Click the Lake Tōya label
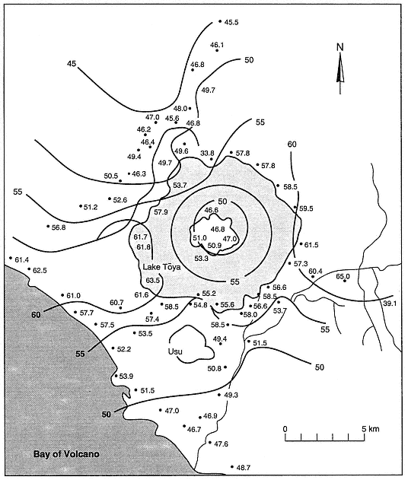pyautogui.click(x=161, y=267)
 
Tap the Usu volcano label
pyautogui.click(x=175, y=351)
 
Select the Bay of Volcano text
pyautogui.click(x=66, y=453)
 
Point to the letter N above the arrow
pyautogui.click(x=340, y=47)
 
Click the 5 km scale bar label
pyautogui.click(x=370, y=428)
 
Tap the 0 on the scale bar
pyautogui.click(x=285, y=428)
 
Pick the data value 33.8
pyautogui.click(x=207, y=153)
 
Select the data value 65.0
pyautogui.click(x=343, y=276)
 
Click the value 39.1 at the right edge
pyautogui.click(x=390, y=303)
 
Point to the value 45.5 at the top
pyautogui.click(x=231, y=22)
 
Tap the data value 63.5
pyautogui.click(x=152, y=280)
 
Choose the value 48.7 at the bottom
pyautogui.click(x=244, y=468)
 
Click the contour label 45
pyautogui.click(x=72, y=64)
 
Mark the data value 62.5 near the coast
pyautogui.click(x=40, y=270)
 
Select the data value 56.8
pyautogui.click(x=59, y=227)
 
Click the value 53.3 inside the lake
pyautogui.click(x=201, y=258)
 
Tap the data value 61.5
pyautogui.click(x=311, y=245)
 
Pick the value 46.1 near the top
pyautogui.click(x=217, y=45)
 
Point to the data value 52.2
pyautogui.click(x=124, y=349)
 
